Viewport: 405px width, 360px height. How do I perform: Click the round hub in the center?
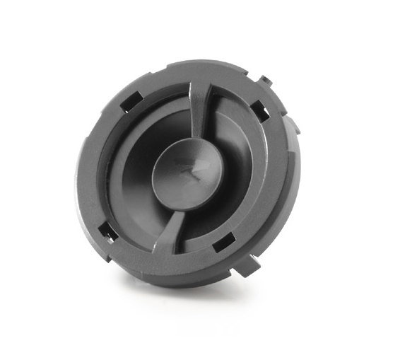pos(185,173)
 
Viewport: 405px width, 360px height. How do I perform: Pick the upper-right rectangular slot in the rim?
pos(259,110)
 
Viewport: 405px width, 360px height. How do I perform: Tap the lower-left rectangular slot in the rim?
pos(107,231)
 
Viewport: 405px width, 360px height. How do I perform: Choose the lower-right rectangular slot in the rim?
pos(225,243)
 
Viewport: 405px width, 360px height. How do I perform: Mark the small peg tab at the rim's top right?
pos(263,79)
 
